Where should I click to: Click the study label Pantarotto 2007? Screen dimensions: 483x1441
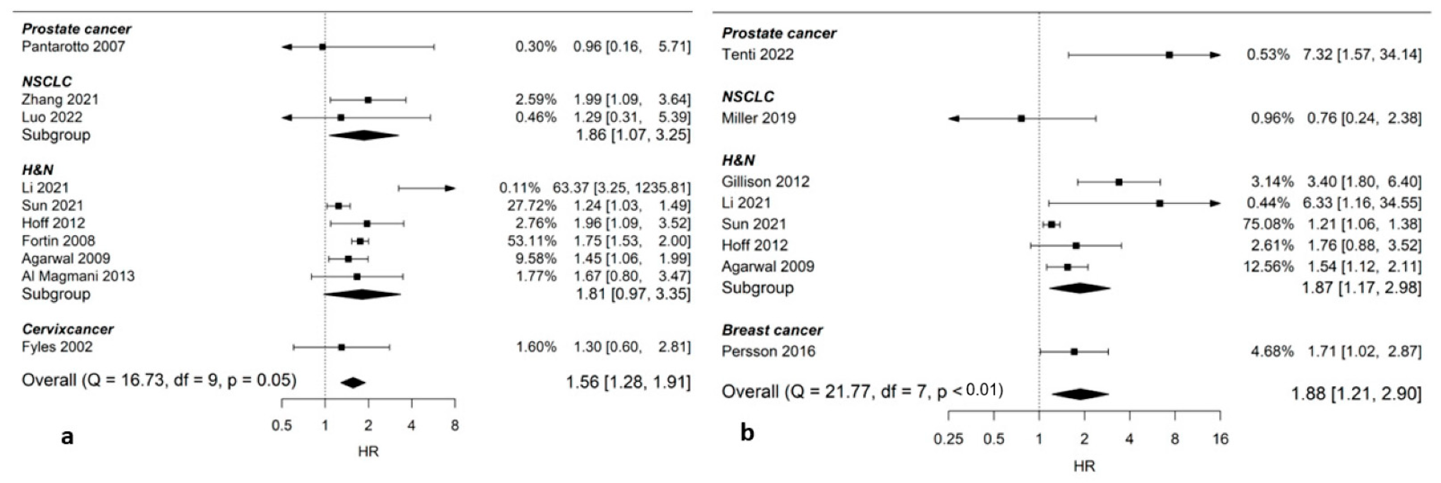[x=73, y=47]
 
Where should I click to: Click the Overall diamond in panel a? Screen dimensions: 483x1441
[x=353, y=383]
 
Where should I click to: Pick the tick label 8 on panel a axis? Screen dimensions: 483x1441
[x=455, y=426]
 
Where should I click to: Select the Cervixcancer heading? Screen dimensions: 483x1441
[x=68, y=329]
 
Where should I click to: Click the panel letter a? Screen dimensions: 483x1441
[x=67, y=436]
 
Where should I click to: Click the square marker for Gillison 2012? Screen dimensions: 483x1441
[x=1119, y=182]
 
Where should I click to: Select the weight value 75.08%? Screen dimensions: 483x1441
[x=1268, y=224]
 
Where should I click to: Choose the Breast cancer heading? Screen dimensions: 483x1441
[x=772, y=330]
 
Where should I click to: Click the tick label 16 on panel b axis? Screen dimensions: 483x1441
[x=1220, y=439]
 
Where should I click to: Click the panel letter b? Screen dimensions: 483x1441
[x=747, y=433]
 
